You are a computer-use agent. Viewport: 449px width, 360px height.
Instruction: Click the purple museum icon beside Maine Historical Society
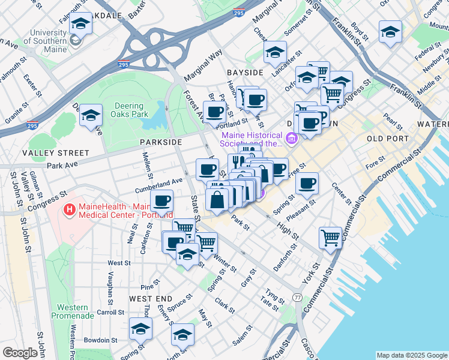coord(292,140)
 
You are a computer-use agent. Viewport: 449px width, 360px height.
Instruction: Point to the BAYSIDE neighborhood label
coord(245,73)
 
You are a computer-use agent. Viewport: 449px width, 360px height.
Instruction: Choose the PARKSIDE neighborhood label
coord(160,142)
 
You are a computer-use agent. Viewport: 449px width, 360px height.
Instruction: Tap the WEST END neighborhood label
coord(151,299)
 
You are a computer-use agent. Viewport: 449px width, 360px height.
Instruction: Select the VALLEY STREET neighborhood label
coord(47,154)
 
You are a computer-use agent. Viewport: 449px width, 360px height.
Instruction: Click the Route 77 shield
coord(297,298)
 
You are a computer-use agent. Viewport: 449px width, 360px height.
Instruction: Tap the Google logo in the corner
coord(20,353)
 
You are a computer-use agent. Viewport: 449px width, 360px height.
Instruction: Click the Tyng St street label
coord(274,295)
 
